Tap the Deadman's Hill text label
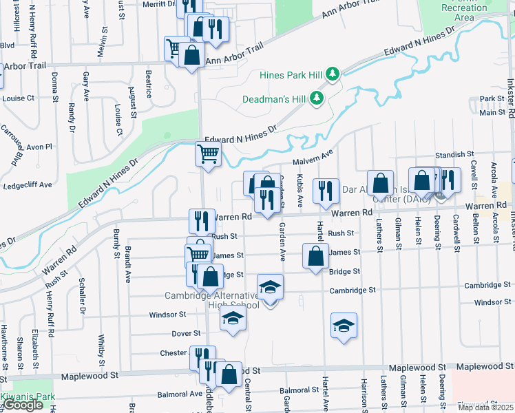[x=273, y=99]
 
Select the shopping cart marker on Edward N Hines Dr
[x=208, y=154]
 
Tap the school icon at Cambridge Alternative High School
[x=271, y=286]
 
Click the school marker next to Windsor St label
[x=233, y=318]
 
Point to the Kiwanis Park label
[x=28, y=397]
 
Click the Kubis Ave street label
[x=300, y=191]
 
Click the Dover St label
[x=185, y=333]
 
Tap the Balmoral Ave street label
[x=180, y=394]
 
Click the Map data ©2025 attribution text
[x=486, y=407]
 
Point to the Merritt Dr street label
[x=160, y=3]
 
